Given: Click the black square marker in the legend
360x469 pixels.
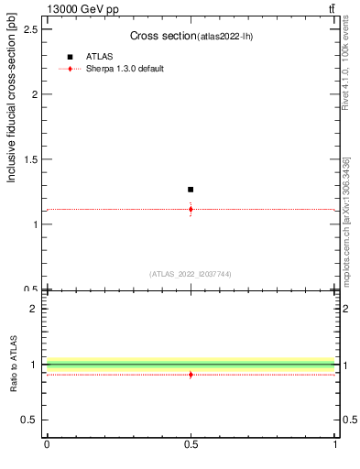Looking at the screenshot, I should click(x=70, y=57).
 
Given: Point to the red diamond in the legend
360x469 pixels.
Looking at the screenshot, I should click(x=70, y=69).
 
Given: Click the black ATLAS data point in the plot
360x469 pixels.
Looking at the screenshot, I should click(x=191, y=190).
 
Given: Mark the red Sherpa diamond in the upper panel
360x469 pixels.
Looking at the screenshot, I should click(x=191, y=209).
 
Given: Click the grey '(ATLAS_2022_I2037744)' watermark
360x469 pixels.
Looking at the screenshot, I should click(x=191, y=274).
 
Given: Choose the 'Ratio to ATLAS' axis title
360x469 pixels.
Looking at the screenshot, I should click(x=14, y=364).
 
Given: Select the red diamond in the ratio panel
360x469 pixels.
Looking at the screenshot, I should click(x=191, y=375).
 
